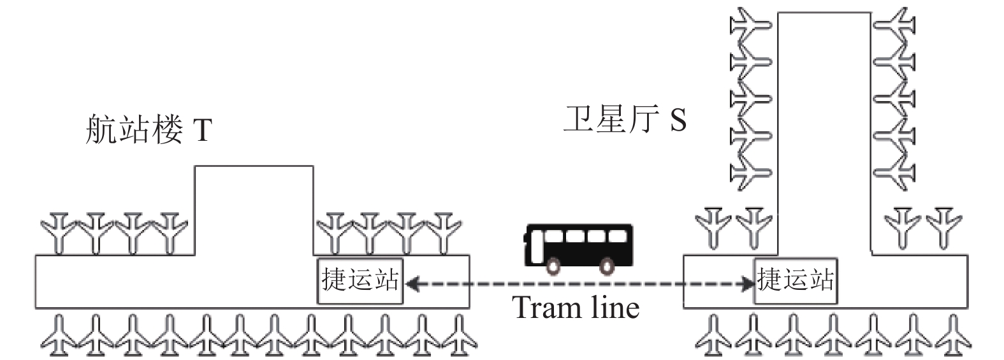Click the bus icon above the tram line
[579, 249]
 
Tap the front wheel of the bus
[553, 266]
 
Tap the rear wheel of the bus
[607, 266]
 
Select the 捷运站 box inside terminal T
[360, 281]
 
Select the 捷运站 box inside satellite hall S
[796, 281]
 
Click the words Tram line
[576, 308]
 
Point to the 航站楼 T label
[149, 129]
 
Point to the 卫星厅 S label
[624, 119]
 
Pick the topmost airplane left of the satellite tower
[750, 25]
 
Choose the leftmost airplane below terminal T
[58, 336]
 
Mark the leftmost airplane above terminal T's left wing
[59, 233]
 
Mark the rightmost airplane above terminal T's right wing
[444, 233]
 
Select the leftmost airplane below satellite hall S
[713, 336]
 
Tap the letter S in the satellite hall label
[678, 120]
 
